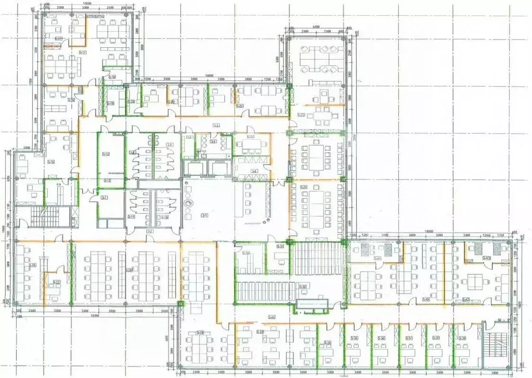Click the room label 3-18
112,77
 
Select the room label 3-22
240,106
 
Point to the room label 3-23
301,115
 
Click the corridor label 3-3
216,125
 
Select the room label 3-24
251,137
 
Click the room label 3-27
56,282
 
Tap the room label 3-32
303,286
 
